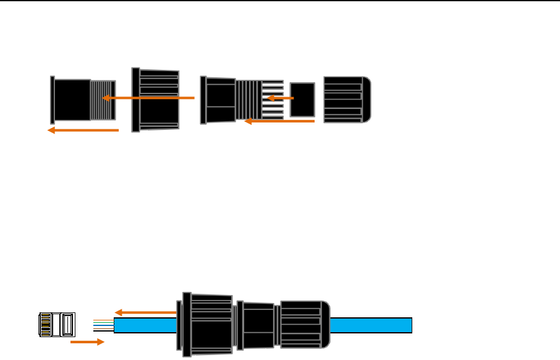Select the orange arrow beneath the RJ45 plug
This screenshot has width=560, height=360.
(x=85, y=340)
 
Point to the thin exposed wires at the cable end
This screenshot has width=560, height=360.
(x=103, y=324)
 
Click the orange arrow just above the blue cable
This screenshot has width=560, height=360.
(x=146, y=312)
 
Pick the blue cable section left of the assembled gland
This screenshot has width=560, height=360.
(x=145, y=325)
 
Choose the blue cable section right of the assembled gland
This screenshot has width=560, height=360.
(x=371, y=325)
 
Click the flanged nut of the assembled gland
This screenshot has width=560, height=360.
(x=205, y=325)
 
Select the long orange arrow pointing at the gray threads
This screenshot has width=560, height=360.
(x=148, y=98)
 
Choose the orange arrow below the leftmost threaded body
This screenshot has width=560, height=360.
(x=83, y=130)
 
